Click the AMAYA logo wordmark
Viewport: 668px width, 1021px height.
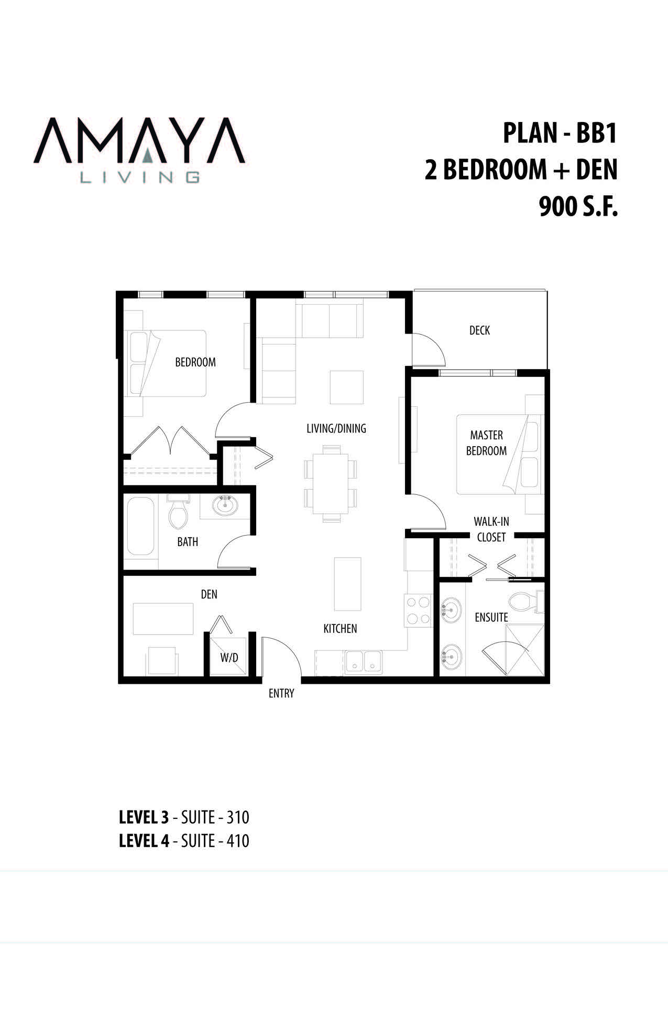[139, 141]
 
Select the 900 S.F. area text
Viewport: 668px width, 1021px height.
[578, 208]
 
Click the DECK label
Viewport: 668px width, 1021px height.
[479, 330]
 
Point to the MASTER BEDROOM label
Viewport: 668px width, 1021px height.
[487, 443]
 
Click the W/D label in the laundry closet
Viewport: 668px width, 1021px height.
[229, 658]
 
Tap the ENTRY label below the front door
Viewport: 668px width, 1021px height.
[281, 693]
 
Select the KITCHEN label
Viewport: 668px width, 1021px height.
[340, 628]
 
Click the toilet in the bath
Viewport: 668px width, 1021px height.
[178, 511]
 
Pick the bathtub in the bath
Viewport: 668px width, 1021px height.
[140, 526]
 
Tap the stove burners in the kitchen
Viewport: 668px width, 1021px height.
[418, 611]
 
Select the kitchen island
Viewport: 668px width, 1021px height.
[347, 584]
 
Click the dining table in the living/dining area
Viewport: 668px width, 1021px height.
[331, 484]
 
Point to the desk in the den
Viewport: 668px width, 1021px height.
[163, 619]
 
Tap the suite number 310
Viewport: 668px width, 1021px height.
[238, 817]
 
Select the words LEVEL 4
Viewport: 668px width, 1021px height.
[144, 841]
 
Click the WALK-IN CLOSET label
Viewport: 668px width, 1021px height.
[491, 529]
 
